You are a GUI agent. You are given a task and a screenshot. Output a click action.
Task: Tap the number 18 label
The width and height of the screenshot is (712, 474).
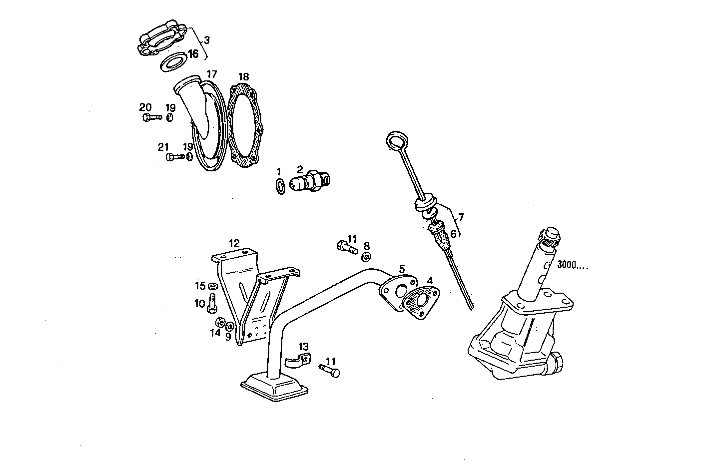click(243, 77)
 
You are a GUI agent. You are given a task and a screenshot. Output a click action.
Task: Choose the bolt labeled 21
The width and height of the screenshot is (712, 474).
click(175, 157)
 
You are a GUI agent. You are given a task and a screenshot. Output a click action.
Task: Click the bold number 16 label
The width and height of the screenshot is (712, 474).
click(193, 53)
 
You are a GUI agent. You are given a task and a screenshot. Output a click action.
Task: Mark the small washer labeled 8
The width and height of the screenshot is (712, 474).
click(366, 257)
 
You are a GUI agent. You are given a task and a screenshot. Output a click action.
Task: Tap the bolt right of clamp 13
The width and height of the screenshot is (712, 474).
click(330, 371)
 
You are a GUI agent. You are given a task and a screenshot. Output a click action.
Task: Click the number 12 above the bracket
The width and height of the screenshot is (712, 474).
click(234, 243)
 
